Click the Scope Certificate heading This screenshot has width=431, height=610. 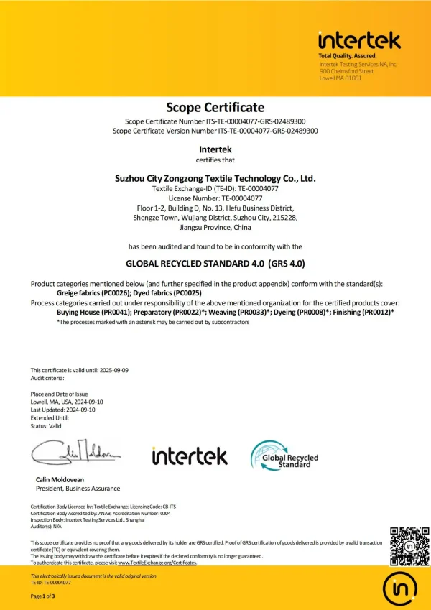pos(215,108)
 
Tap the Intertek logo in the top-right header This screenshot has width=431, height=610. pos(359,40)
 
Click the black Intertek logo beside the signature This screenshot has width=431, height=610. pos(190,456)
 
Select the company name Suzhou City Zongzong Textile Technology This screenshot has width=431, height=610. pos(215,177)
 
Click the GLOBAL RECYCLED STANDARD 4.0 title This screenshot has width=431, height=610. pos(215,264)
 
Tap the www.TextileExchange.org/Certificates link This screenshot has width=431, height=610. pos(157,563)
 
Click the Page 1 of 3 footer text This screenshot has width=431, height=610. pos(43,596)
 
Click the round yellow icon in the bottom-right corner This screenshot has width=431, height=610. pos(400,588)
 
